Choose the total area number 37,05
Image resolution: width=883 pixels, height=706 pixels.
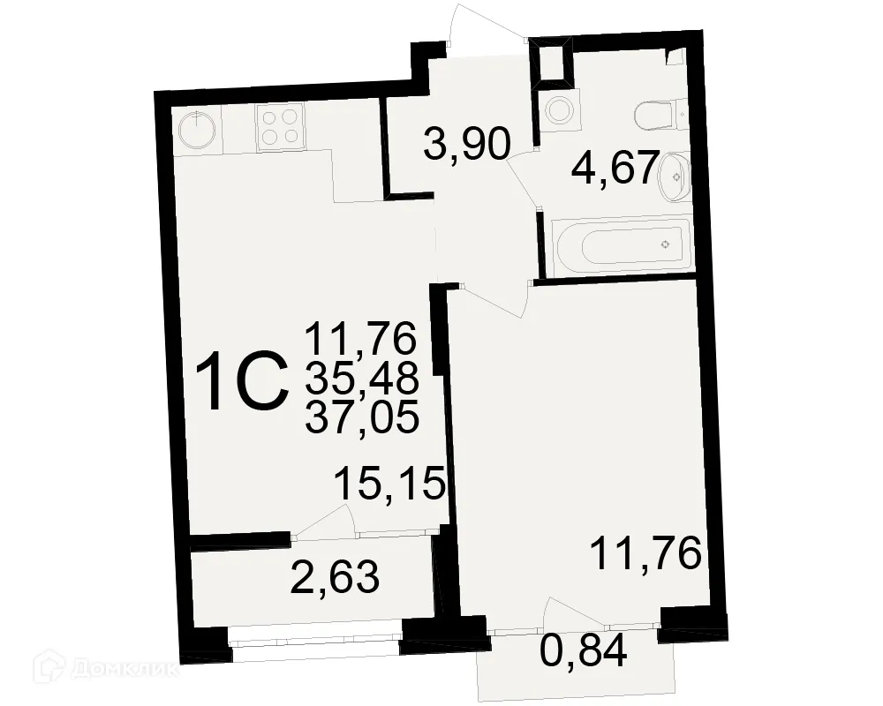361,415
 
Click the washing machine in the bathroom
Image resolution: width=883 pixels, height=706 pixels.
557,109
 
